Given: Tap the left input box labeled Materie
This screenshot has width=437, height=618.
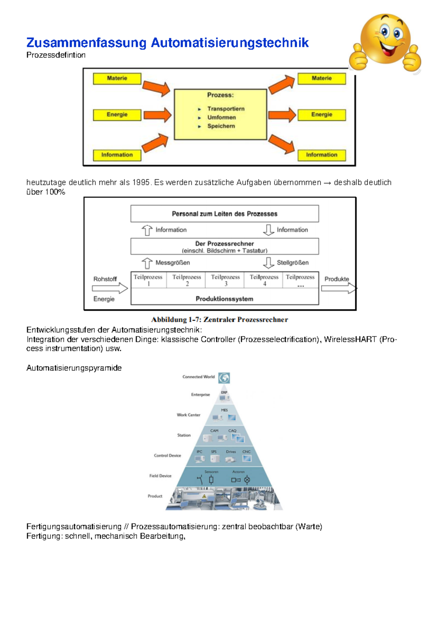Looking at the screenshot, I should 117,78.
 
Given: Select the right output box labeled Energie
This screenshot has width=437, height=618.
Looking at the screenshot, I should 322,115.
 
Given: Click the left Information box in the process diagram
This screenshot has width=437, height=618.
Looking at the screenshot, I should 117,155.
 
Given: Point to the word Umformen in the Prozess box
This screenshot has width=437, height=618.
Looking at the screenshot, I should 221,117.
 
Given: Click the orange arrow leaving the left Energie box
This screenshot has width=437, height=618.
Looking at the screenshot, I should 157,115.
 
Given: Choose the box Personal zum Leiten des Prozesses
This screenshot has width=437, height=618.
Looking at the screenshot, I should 224,214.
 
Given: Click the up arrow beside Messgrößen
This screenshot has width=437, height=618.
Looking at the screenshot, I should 147,263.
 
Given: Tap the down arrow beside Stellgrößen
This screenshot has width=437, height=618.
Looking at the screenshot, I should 268,263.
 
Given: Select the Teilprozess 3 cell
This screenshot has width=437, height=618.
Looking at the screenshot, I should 225,280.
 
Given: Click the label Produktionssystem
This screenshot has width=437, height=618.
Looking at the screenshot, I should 224,299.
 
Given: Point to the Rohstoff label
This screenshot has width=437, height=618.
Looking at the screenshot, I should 105,279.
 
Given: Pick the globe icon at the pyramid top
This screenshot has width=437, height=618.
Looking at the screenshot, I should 224,378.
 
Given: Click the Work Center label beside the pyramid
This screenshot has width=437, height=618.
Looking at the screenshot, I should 188,415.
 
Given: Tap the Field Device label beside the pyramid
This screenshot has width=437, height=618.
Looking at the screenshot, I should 160,476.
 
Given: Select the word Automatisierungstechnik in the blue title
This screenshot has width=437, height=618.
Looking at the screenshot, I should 229,43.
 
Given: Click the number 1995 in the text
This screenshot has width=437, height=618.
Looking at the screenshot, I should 141,182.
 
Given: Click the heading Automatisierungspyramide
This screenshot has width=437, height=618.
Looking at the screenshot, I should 74,368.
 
